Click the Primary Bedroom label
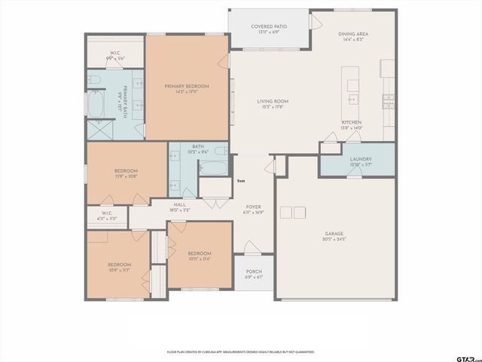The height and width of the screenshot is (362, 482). (187, 89)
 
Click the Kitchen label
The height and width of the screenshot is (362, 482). (352, 125)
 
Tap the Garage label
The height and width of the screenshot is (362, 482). (334, 237)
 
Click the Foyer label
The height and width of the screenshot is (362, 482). (253, 209)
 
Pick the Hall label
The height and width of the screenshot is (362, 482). (180, 206)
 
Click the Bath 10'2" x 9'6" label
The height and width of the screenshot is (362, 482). (197, 149)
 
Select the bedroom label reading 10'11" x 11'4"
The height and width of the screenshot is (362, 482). (199, 256)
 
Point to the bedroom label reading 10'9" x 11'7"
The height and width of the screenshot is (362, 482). (119, 267)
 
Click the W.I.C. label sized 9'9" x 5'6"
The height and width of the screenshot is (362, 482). (115, 55)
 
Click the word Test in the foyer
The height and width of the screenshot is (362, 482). (241, 181)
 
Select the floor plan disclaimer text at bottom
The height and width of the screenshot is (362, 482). (241, 351)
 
